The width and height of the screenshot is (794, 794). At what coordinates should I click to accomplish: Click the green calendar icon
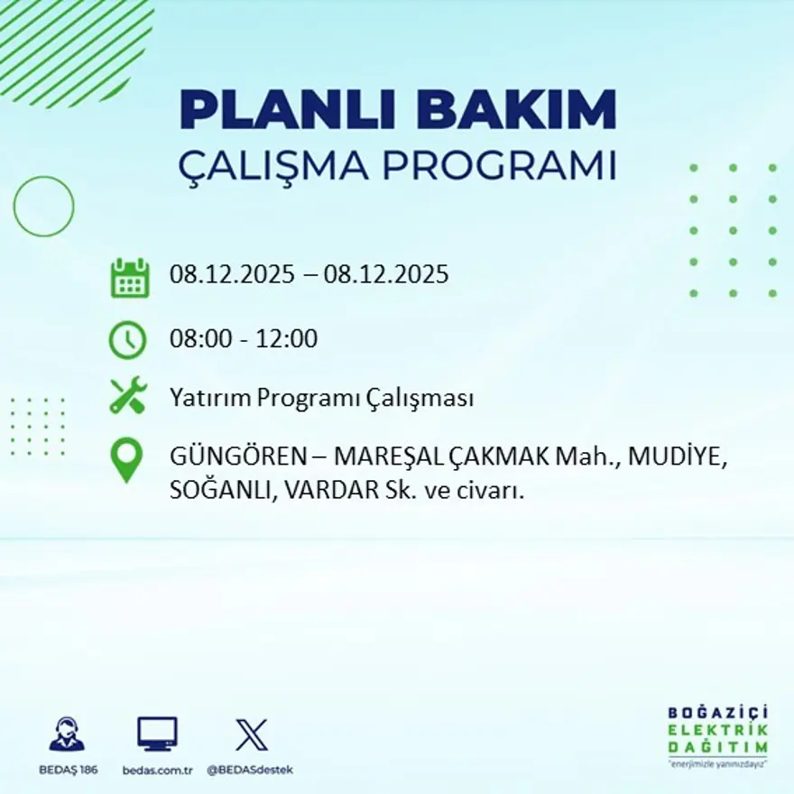(x=129, y=278)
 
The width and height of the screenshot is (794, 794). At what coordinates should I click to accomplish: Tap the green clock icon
(x=128, y=340)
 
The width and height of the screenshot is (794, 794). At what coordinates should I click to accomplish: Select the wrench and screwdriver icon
(x=128, y=397)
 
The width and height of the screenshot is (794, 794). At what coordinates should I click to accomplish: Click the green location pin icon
(x=127, y=459)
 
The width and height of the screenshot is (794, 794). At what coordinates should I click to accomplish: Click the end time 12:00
(x=287, y=339)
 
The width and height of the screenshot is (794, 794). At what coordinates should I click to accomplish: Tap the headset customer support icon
(x=67, y=734)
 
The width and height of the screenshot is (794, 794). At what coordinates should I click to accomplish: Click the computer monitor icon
(x=157, y=734)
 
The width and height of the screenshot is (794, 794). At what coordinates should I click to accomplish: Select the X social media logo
(x=251, y=734)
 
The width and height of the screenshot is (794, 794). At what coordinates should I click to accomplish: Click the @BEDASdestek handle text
(x=250, y=770)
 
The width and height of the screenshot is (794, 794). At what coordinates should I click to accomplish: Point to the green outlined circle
(x=43, y=207)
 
